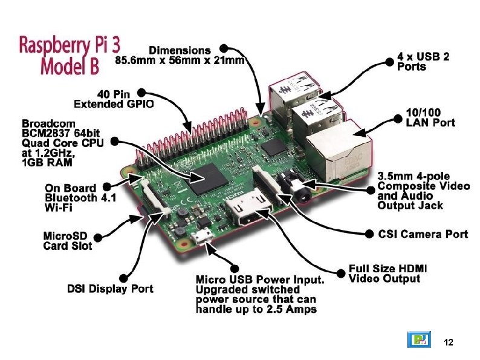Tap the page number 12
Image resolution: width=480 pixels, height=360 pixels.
click(x=448, y=342)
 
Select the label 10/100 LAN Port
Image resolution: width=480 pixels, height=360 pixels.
click(x=430, y=118)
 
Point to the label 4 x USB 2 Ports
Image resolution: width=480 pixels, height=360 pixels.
click(x=423, y=61)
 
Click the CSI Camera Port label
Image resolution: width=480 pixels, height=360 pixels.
click(x=423, y=234)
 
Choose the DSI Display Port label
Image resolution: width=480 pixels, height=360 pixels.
click(x=110, y=289)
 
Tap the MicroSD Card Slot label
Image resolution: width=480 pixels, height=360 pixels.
click(x=68, y=241)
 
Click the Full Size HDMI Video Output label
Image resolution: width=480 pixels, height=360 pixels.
click(x=384, y=273)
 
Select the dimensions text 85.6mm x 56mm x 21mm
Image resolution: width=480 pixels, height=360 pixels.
click(x=180, y=61)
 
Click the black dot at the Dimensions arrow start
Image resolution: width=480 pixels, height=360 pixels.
click(x=224, y=48)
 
